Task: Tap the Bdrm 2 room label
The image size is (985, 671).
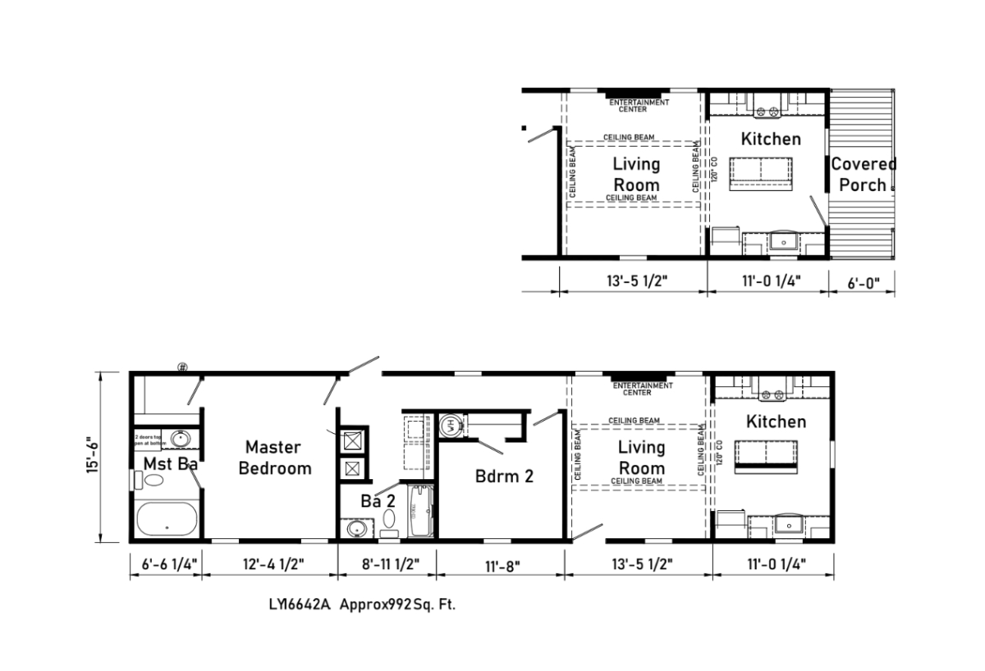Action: point(504,476)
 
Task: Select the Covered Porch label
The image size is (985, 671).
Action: point(863,174)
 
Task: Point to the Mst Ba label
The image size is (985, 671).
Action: point(170,464)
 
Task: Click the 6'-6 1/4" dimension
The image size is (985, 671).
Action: point(165,564)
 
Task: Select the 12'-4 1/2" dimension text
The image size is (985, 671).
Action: point(270,564)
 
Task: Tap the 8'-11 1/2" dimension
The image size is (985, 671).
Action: point(387,564)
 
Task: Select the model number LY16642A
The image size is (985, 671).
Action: point(298,605)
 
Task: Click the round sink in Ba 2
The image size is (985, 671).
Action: point(355,529)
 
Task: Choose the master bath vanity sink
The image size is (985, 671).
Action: point(181,438)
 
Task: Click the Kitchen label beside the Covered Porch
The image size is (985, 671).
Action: point(771,139)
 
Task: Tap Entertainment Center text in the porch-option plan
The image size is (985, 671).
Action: point(639,105)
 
